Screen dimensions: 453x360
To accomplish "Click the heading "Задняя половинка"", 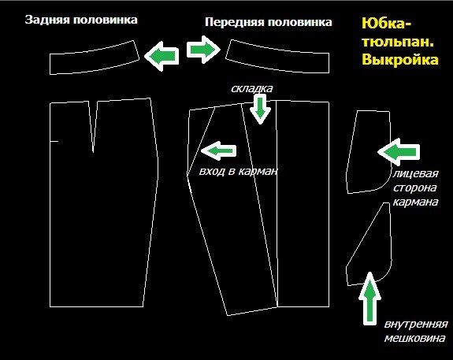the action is pos(81,20).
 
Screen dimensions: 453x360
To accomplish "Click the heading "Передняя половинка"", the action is pos(269,22).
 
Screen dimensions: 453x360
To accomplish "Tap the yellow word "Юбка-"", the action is pos(386,24).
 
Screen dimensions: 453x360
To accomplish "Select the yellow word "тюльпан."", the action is pos(398,42).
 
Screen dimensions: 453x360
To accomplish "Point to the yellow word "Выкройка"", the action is pos(400,60).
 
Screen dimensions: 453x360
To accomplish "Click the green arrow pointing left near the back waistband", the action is pos(162,56).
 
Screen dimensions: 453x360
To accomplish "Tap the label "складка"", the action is pos(251,88).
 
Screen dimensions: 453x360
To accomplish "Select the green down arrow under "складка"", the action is pos(260,109).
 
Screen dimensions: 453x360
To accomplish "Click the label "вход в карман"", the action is pos(238,171).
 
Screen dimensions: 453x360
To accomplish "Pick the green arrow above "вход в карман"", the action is pos(218,150).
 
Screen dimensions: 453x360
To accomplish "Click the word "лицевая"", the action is pos(415,173).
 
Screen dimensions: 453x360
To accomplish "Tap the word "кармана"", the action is pos(415,202).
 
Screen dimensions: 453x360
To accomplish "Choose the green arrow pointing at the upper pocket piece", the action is pos(399,152).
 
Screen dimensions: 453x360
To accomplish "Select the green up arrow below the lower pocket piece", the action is pos(369,299).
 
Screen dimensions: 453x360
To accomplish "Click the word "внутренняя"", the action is pos(416,325).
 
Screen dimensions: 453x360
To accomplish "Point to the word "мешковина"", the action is pos(414,338).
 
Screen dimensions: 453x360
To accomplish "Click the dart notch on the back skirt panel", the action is pos(93,126).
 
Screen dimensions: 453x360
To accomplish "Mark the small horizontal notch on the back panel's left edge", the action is pos(54,142).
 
